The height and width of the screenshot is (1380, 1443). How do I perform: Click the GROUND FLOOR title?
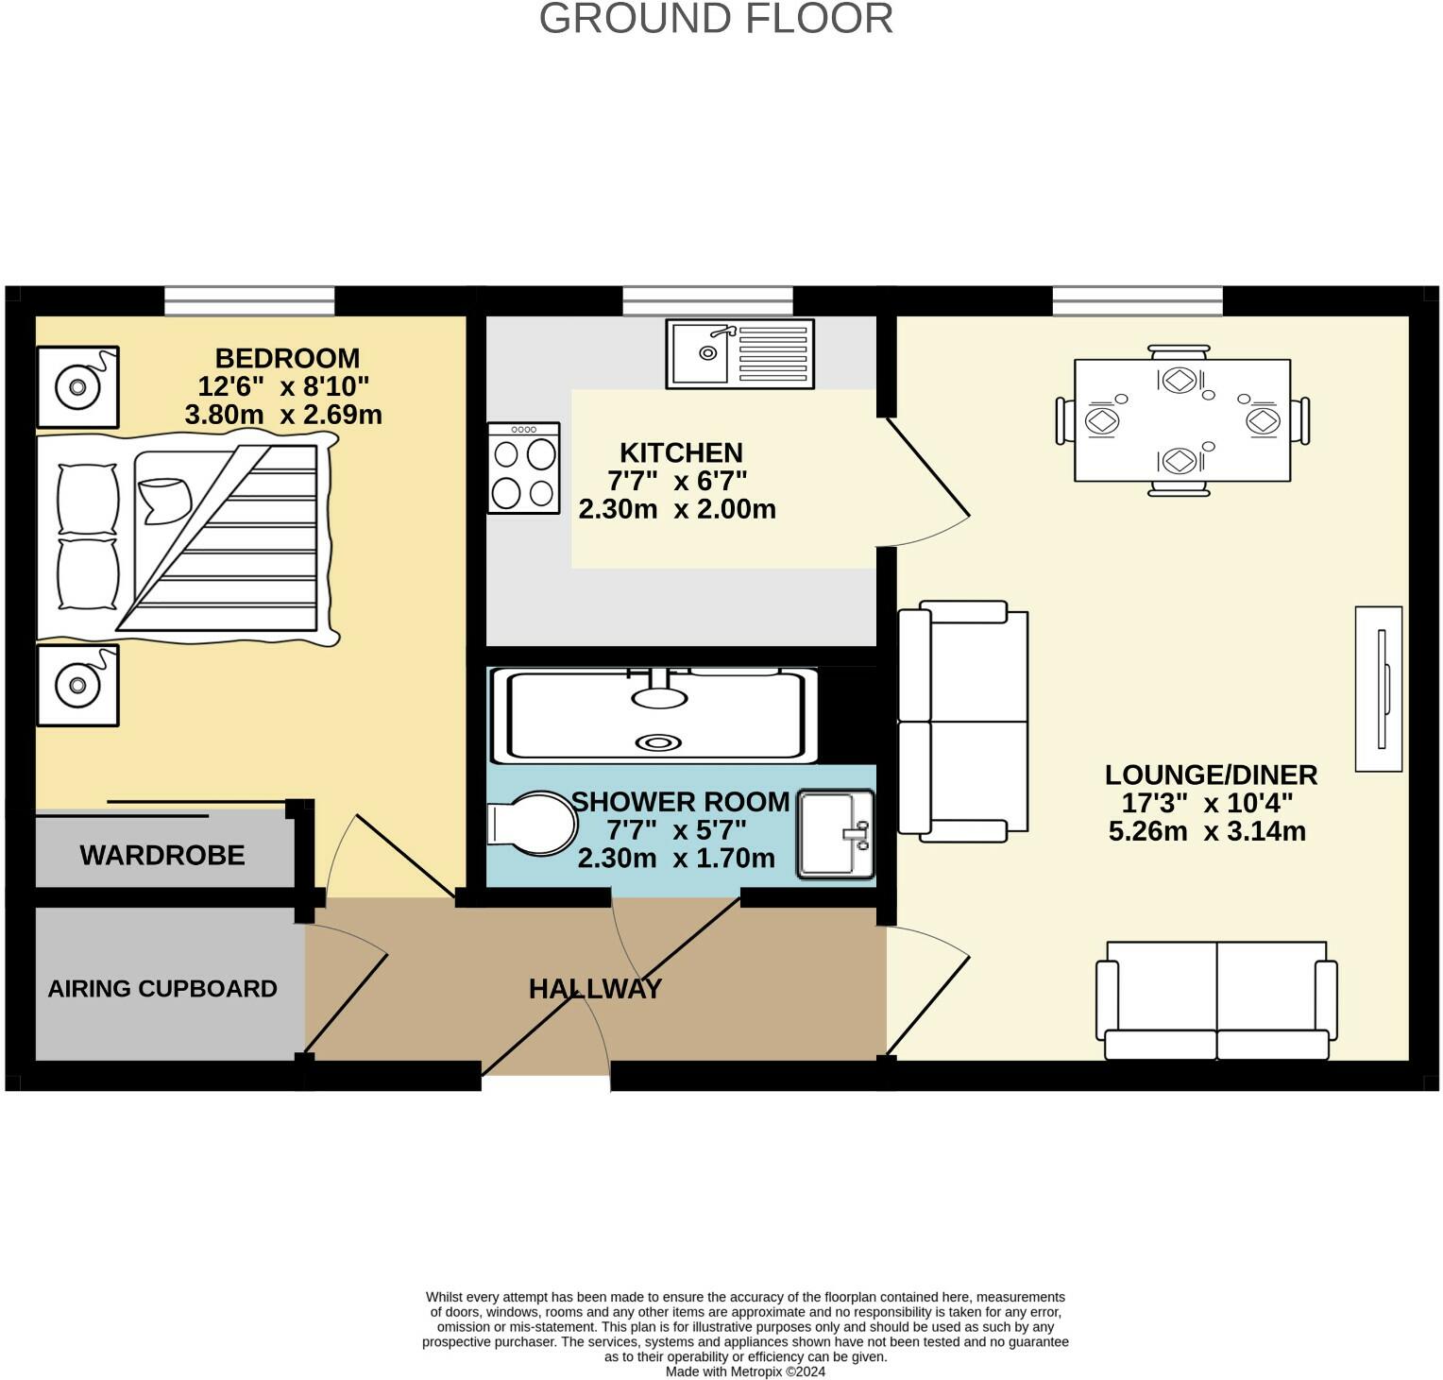[x=716, y=20]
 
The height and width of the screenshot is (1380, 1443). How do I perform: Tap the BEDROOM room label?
[x=287, y=359]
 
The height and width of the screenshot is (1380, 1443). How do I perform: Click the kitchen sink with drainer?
[x=739, y=353]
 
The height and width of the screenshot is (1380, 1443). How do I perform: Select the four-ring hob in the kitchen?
[x=524, y=468]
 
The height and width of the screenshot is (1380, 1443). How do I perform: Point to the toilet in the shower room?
[x=532, y=824]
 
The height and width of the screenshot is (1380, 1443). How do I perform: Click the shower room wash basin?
[x=836, y=834]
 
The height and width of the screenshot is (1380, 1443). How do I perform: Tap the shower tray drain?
[x=658, y=742]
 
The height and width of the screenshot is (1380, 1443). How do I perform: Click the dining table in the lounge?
[x=1181, y=420]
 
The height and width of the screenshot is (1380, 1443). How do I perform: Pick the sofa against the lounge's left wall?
[x=962, y=722]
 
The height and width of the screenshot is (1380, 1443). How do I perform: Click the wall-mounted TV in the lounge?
[x=1379, y=689]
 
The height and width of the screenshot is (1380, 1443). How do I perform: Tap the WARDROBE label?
[x=162, y=856]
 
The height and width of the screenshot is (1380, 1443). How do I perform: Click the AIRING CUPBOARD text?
[x=162, y=989]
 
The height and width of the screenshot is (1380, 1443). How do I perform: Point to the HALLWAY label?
[x=595, y=989]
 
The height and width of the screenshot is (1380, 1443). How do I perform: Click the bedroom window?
[x=249, y=300]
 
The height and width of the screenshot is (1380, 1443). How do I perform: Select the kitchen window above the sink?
[x=707, y=300]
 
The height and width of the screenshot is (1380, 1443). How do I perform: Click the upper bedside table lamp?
[x=77, y=387]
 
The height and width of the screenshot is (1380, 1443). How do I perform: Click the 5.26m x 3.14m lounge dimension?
[x=1207, y=832]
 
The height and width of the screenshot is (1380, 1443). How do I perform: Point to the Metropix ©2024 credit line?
[x=745, y=1371]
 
